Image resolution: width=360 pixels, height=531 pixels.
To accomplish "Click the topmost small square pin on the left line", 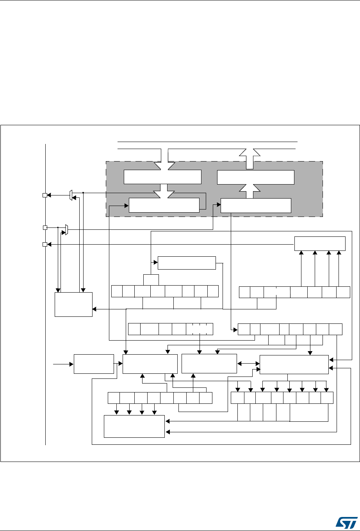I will pyautogui.click(x=45, y=195).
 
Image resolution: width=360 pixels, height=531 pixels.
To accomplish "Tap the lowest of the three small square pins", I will pyautogui.click(x=45, y=245).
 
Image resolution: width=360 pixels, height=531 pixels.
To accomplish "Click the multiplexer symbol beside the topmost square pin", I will pyautogui.click(x=70, y=195).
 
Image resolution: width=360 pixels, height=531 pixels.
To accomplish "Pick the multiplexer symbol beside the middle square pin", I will pyautogui.click(x=66, y=230).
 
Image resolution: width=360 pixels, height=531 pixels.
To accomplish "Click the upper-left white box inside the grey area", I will pyautogui.click(x=162, y=177).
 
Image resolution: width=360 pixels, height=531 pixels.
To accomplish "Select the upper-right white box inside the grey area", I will pyautogui.click(x=255, y=177).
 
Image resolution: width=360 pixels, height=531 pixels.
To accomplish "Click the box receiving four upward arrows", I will pyautogui.click(x=320, y=244).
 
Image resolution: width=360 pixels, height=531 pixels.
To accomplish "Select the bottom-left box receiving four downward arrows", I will pyautogui.click(x=134, y=426).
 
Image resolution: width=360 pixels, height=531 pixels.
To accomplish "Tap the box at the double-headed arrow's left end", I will pyautogui.click(x=209, y=364).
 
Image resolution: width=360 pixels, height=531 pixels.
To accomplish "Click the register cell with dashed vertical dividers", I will pyautogui.click(x=200, y=329).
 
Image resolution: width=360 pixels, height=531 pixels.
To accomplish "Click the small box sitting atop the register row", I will pyautogui.click(x=151, y=280).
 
